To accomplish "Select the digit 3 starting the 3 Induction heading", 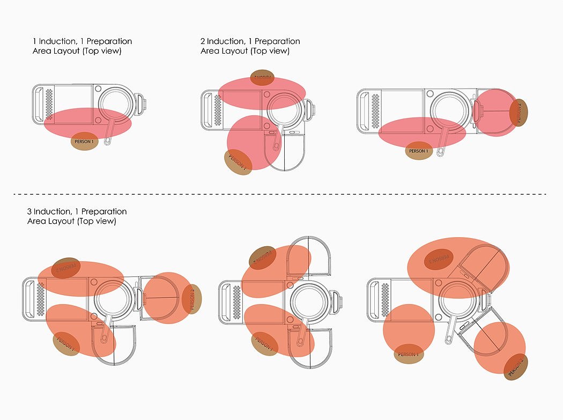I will coord(30,211).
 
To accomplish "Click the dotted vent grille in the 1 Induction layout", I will coord(50,103).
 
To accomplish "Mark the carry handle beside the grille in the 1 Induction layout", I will coord(39,104).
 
